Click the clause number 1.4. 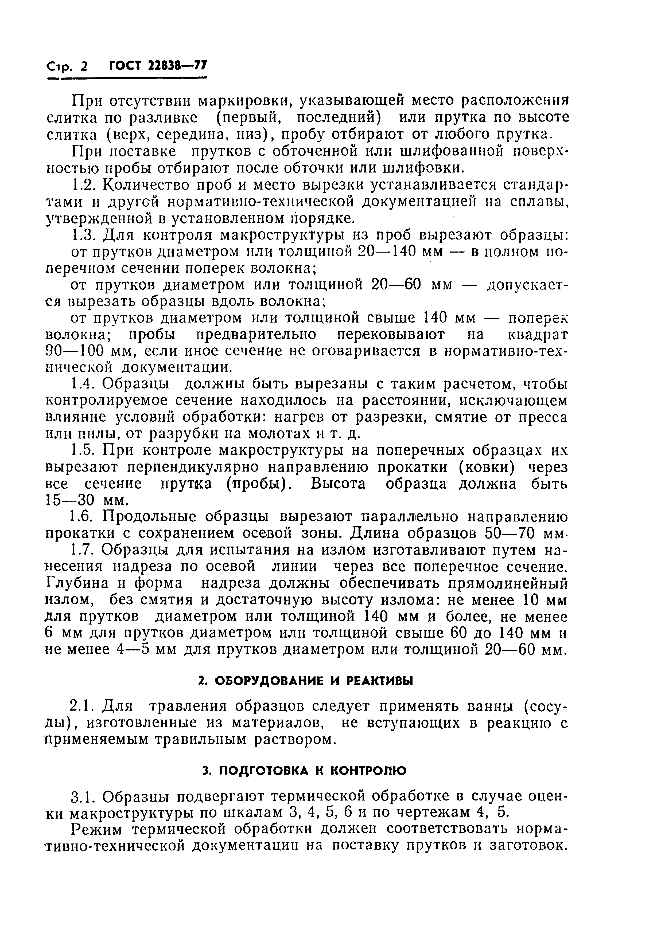[x=83, y=384]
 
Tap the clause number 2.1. [x=83, y=706]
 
